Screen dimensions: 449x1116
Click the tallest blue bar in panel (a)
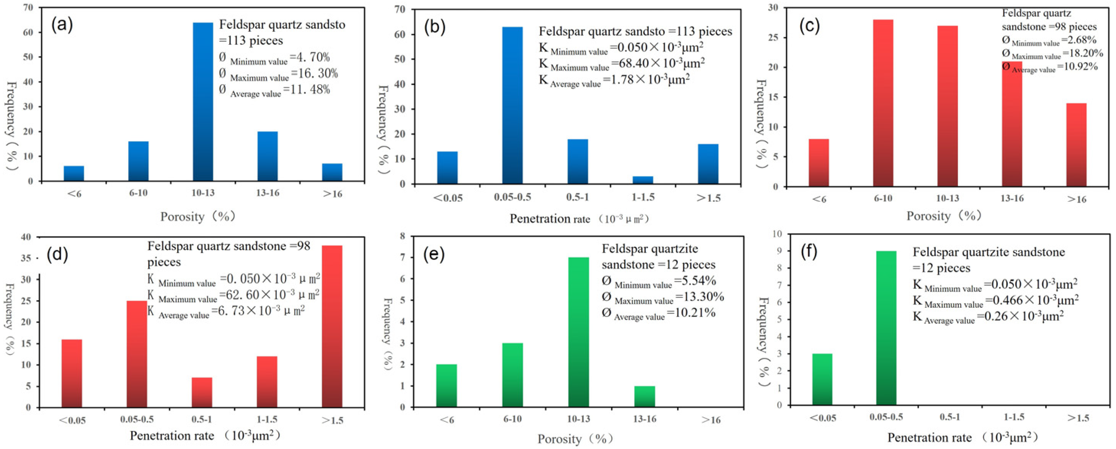click(203, 102)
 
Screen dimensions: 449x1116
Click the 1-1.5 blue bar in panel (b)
click(643, 180)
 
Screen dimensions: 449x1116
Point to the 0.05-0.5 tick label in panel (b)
click(512, 198)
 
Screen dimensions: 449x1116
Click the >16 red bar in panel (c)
click(1076, 145)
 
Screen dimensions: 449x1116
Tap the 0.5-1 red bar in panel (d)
click(202, 392)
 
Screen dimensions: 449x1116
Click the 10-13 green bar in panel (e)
click(578, 332)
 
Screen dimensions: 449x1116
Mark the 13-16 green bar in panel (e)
click(644, 396)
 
